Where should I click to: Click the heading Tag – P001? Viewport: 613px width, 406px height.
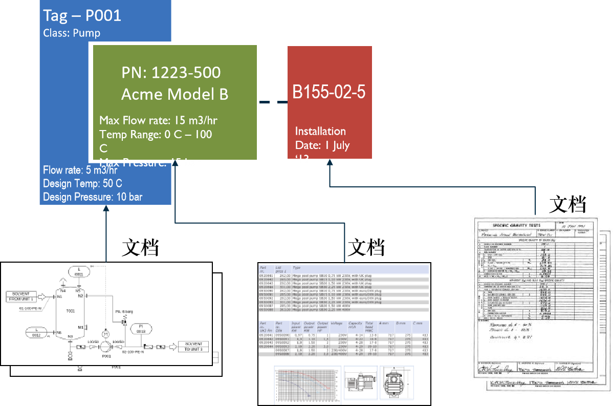pyautogui.click(x=82, y=15)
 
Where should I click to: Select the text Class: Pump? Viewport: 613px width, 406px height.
pyautogui.click(x=72, y=33)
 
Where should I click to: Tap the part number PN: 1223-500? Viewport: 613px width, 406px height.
pyautogui.click(x=171, y=73)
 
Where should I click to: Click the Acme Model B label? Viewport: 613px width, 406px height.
pyautogui.click(x=174, y=94)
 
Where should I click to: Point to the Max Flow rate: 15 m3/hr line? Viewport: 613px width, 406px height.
pyautogui.click(x=158, y=121)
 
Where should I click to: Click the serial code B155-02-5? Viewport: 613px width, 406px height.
pyautogui.click(x=329, y=92)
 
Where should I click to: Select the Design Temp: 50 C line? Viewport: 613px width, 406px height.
pyautogui.click(x=82, y=183)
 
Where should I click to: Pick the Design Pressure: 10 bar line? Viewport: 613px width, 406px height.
pyautogui.click(x=93, y=197)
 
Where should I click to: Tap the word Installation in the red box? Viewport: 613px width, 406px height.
pyautogui.click(x=320, y=131)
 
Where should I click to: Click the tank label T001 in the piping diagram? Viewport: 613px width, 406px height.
pyautogui.click(x=71, y=311)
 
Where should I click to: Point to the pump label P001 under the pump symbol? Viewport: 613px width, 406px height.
pyautogui.click(x=106, y=355)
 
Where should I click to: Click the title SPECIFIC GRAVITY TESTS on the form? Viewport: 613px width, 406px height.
pyautogui.click(x=516, y=225)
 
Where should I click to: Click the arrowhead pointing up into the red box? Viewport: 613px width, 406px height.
pyautogui.click(x=330, y=163)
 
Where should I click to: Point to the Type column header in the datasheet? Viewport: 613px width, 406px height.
pyautogui.click(x=297, y=268)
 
